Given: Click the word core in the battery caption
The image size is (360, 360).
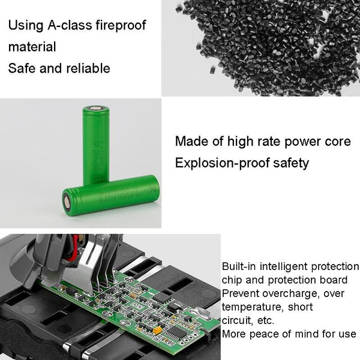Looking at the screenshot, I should point(337,142).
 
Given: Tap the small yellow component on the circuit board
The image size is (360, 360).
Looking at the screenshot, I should point(157,328).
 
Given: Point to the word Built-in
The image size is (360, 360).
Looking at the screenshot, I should point(237,266).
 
